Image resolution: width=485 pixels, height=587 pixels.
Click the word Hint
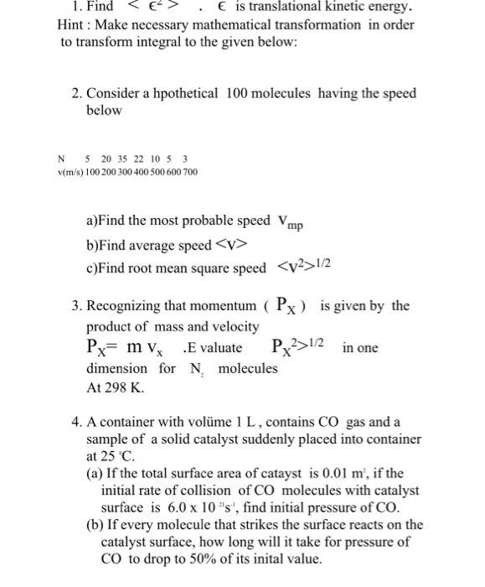(61, 24)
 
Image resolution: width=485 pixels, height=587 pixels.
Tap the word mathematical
(220, 24)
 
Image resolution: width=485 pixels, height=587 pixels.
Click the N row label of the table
(60, 159)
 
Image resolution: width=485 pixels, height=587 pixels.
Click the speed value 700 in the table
(190, 172)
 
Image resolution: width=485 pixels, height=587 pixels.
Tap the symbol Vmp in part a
(289, 222)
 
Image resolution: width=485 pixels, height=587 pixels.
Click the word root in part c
(144, 269)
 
